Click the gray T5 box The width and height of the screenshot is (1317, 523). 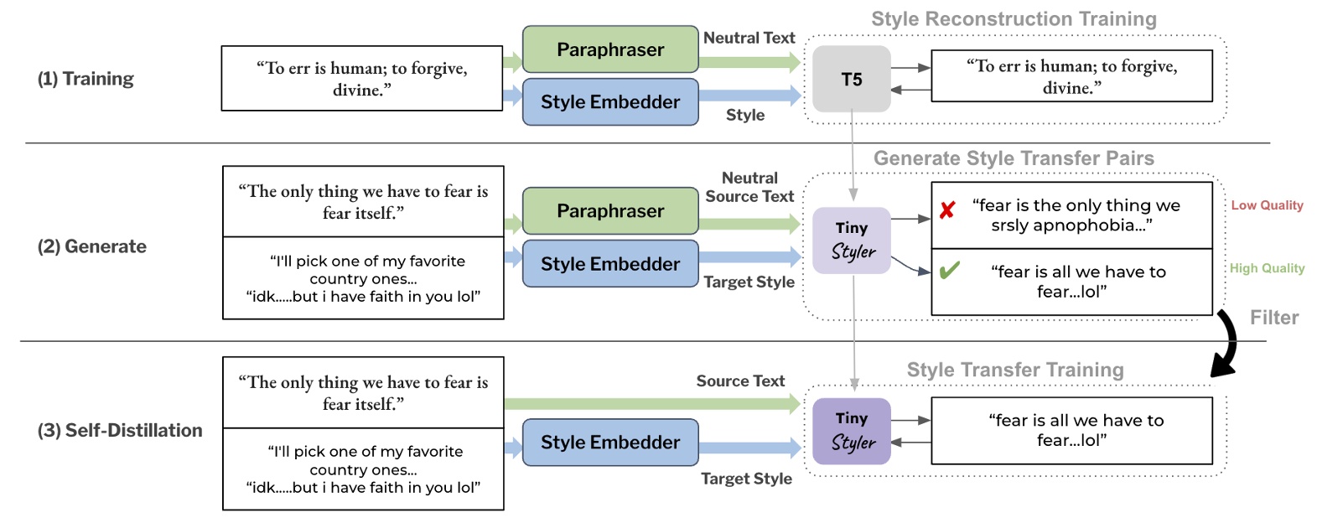(851, 80)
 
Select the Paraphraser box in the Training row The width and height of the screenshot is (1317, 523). (610, 49)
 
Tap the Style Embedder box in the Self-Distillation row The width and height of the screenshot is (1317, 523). (610, 443)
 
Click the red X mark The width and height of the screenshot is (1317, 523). (947, 210)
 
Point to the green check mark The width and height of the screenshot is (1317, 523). (949, 271)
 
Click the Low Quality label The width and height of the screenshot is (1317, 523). (1267, 205)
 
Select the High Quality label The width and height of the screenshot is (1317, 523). (1267, 268)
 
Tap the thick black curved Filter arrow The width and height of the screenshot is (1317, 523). (1229, 344)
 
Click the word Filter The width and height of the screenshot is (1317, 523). (1273, 318)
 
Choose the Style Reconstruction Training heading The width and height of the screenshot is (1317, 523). (1014, 19)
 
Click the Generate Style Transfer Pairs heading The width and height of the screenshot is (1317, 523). (1014, 158)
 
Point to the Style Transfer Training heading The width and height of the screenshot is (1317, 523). (1014, 370)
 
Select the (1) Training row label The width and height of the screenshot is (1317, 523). (86, 79)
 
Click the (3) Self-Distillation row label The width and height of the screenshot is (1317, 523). (120, 430)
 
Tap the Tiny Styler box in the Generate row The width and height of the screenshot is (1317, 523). (851, 241)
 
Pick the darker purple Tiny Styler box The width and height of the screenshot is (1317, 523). (851, 431)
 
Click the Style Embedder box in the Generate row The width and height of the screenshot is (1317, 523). (610, 264)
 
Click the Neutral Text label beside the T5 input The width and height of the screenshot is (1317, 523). (749, 38)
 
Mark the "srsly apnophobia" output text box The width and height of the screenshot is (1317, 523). (1071, 215)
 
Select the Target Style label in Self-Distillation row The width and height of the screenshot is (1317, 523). (746, 479)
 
